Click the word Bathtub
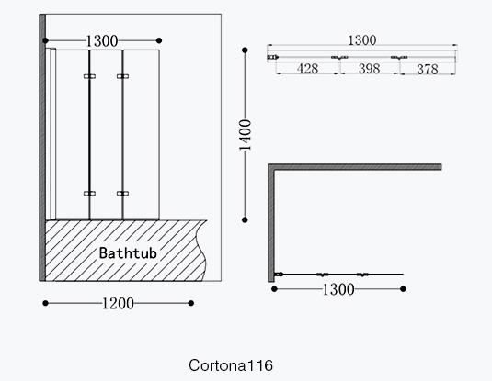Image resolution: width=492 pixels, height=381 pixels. (x=128, y=252)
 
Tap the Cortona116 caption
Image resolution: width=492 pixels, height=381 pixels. (x=231, y=365)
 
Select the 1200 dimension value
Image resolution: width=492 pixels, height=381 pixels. (x=119, y=303)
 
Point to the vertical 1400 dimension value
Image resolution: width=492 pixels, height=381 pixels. (x=246, y=135)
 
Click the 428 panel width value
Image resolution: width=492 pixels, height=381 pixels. (x=307, y=69)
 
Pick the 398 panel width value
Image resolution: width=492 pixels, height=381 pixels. (x=370, y=69)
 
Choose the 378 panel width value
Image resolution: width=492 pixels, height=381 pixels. (x=428, y=69)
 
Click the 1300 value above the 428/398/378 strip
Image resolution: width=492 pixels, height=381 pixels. (x=362, y=40)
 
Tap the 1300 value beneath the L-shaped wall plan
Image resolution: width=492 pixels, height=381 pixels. (x=338, y=289)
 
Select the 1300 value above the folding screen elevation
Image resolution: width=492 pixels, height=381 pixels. (x=102, y=41)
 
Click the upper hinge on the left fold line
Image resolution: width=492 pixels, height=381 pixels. (x=90, y=76)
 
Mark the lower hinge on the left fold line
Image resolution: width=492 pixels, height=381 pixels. (x=90, y=194)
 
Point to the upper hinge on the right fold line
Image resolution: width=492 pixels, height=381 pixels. (x=122, y=76)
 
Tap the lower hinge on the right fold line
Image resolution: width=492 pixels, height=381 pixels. (x=122, y=194)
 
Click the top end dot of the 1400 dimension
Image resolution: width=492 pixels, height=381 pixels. (x=245, y=50)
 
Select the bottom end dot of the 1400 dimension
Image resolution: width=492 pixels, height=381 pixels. (x=245, y=220)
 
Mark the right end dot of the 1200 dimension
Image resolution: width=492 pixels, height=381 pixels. (x=191, y=303)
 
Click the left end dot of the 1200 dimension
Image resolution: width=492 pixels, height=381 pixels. (x=45, y=303)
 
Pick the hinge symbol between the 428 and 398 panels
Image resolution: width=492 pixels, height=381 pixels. (x=339, y=57)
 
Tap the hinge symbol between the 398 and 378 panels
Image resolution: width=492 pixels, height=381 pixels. (x=399, y=57)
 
